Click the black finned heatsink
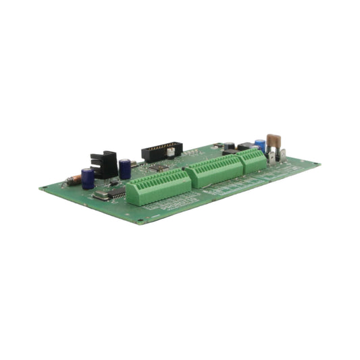tap(104, 164)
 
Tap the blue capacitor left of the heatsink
tap(88, 178)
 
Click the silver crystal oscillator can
tap(101, 195)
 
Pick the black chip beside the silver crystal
tap(117, 192)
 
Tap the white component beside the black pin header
tap(170, 153)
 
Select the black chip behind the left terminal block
tap(159, 167)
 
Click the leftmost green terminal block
tap(159, 187)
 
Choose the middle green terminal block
tap(215, 172)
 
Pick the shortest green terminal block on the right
tap(251, 161)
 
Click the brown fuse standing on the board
tap(274, 141)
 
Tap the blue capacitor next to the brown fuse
tap(260, 145)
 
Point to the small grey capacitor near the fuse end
tap(230, 145)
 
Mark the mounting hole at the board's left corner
tap(45, 186)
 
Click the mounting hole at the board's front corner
tap(140, 220)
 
